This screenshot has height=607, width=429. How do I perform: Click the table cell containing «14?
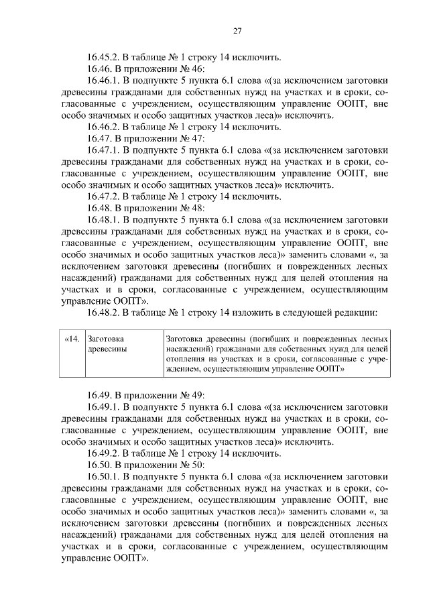click(x=70, y=355)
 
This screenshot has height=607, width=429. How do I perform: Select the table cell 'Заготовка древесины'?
click(x=123, y=355)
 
